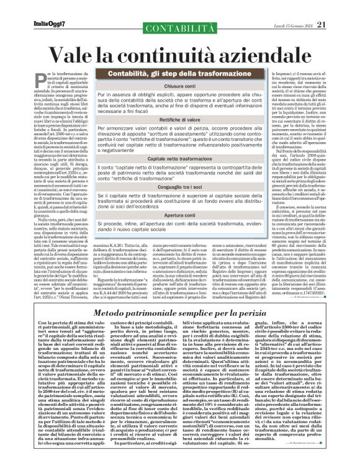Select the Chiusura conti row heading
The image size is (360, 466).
click(x=180, y=87)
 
